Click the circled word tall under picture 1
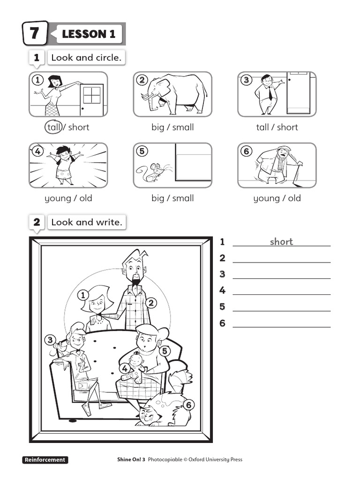point(53,127)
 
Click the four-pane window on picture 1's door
point(92,95)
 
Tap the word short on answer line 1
point(281,242)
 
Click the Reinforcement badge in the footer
point(45,460)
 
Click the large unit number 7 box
point(35,33)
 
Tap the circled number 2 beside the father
point(151,303)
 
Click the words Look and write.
point(86,223)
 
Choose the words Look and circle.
point(86,58)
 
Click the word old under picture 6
point(294,198)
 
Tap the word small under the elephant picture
point(182,127)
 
